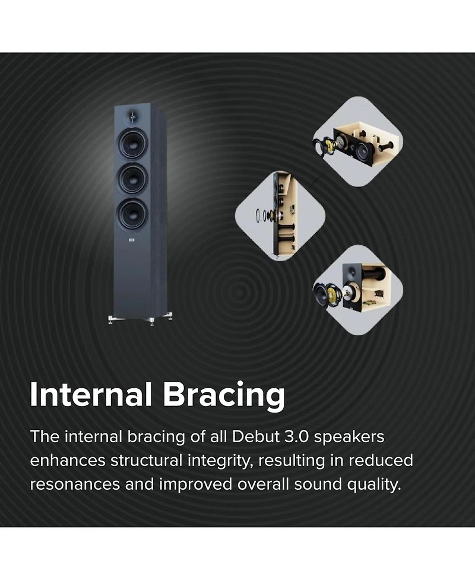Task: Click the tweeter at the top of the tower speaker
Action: click(131, 115)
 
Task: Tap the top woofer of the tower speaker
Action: click(132, 142)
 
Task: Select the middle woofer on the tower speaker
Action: click(132, 178)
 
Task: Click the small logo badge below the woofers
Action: click(131, 241)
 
